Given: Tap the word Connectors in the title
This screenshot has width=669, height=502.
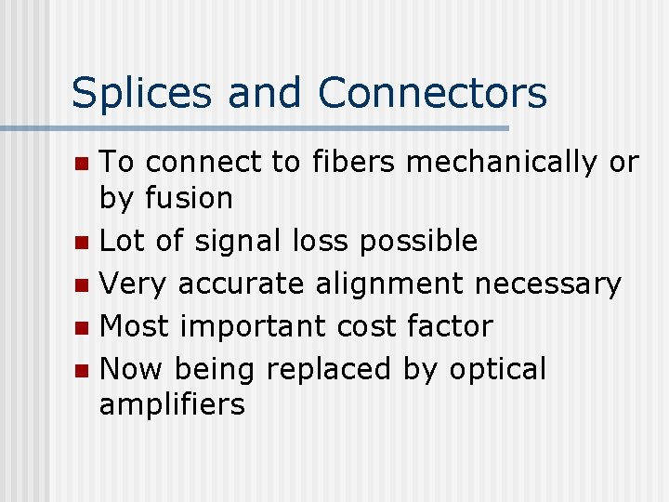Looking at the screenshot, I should click(x=432, y=93).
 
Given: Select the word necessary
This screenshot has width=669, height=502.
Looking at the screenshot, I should click(x=548, y=284).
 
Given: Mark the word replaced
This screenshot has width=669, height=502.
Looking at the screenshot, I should click(x=329, y=370).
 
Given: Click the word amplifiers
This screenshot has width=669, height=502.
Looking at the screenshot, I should click(x=172, y=405).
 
